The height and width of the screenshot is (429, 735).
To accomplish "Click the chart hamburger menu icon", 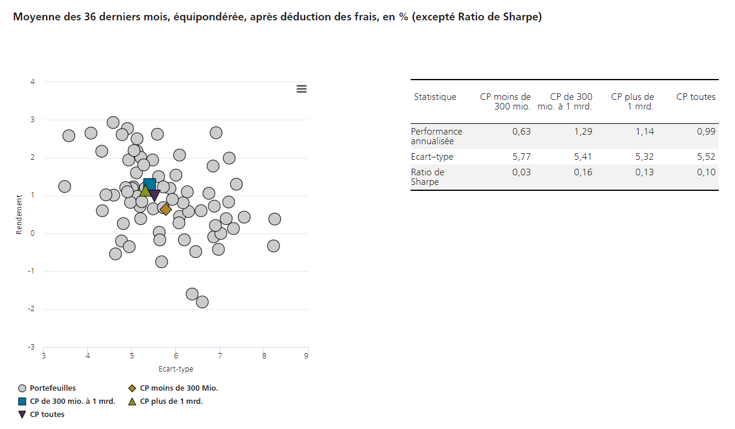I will [302, 89].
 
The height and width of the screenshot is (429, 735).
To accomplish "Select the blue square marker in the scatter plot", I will [150, 184].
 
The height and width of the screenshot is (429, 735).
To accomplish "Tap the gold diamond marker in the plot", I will [166, 209].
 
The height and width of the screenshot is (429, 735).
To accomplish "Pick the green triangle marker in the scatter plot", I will [144, 191].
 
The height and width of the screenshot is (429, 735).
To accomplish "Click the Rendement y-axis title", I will [19, 214].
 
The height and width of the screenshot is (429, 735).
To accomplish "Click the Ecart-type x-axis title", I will [176, 369].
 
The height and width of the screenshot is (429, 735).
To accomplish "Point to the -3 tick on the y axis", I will [32, 347].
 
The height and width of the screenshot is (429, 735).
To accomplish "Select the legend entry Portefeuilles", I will [53, 388].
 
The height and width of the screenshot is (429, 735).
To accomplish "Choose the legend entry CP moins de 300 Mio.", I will [179, 388].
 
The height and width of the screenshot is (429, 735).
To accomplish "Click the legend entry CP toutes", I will [47, 415].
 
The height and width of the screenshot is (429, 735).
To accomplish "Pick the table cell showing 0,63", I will [521, 132].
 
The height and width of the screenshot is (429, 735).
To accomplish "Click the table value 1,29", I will [582, 132].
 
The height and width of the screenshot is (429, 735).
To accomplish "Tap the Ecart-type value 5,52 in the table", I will [706, 157].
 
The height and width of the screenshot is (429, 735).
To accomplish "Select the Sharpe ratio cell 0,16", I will [582, 172].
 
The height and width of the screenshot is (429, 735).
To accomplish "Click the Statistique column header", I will [435, 97].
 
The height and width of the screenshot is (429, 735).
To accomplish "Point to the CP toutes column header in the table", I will [696, 97].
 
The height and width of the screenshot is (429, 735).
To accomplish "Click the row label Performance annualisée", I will [436, 136].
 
